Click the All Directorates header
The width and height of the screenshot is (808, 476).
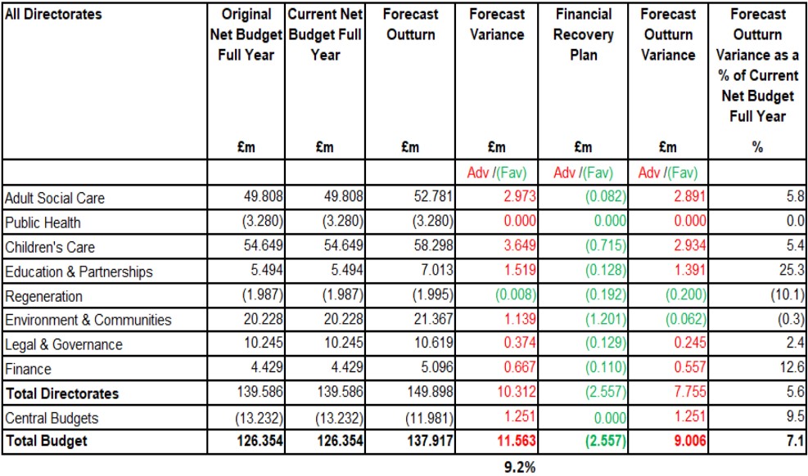53,14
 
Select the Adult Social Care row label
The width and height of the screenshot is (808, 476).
55,198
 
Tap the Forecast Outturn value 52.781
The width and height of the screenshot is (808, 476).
433,196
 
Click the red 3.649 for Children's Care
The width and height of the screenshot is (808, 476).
519,245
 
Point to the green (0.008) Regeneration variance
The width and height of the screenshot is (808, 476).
516,294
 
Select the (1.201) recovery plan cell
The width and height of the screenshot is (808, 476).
606,319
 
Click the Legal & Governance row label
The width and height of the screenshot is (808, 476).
64,344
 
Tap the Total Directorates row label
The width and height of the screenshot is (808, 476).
62,393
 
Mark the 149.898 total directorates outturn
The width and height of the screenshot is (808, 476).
431,392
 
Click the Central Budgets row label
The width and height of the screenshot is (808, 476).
52,419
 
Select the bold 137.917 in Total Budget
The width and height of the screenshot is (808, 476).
430,441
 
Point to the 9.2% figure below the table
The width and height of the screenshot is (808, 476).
519,467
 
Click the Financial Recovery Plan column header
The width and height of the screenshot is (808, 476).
584,34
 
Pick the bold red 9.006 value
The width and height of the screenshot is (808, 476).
689,441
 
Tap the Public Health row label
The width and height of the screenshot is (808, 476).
43,222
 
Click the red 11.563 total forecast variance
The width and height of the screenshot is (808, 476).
517,441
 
